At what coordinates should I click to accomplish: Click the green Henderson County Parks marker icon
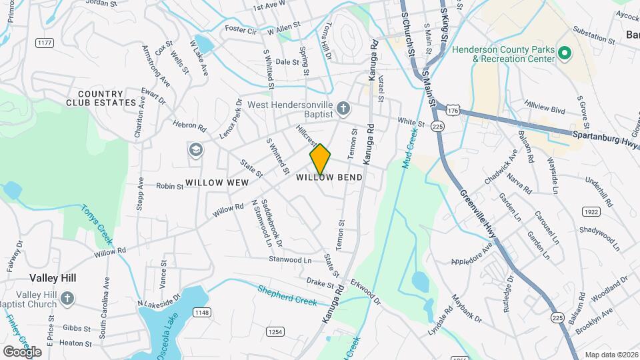[x=564, y=52]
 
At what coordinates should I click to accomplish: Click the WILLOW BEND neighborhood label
[x=329, y=177]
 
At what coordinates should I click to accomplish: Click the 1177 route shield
[x=45, y=43]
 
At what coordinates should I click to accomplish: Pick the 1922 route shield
[x=590, y=211]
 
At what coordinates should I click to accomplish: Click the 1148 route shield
[x=201, y=312]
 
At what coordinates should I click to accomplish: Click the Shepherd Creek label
[x=287, y=294]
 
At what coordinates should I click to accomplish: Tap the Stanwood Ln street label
[x=290, y=259]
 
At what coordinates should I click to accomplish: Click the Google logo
[x=23, y=352]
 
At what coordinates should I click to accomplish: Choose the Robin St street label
[x=169, y=187]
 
